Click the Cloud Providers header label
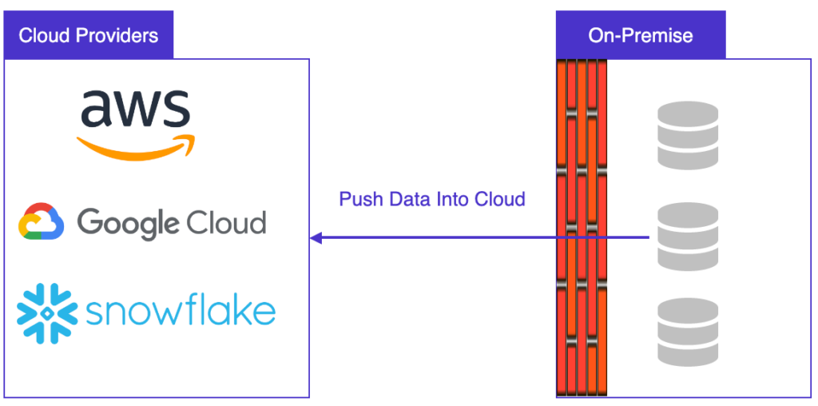(88, 36)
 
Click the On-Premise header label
(641, 36)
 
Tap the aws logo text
(135, 108)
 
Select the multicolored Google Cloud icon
(42, 222)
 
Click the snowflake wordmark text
(181, 311)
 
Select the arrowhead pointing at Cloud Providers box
(316, 237)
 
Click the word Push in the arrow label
(361, 199)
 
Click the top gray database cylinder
(687, 135)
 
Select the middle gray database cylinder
(687, 237)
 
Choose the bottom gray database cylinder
(687, 332)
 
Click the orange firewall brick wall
(582, 228)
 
